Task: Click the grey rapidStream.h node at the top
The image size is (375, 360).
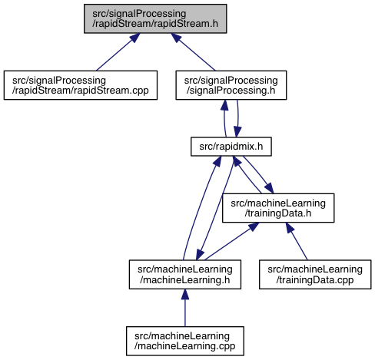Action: point(155,18)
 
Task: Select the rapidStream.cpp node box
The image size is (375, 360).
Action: point(81,85)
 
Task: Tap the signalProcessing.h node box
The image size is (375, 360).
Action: point(231,85)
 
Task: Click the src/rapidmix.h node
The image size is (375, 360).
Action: point(231,147)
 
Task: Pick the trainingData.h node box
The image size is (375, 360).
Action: point(278,208)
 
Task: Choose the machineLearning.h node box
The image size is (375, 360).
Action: point(185,275)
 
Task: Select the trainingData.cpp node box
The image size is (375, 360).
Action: point(315,275)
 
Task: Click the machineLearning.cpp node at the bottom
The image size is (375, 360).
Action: point(185,341)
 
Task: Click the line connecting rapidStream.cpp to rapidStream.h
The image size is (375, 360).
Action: point(118,52)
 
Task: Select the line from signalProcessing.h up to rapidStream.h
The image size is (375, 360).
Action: point(194,52)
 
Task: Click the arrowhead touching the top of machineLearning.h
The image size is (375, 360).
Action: point(200,255)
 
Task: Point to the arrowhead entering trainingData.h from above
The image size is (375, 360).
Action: point(269,188)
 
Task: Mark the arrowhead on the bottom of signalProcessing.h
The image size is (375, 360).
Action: point(224,105)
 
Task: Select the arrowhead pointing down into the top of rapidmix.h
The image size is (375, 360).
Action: point(237,132)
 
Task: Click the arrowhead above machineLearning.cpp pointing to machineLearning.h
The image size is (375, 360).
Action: point(185,294)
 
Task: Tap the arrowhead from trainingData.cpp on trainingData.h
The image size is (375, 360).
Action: point(290,228)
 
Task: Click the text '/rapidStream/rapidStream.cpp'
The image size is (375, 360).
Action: point(81,91)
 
